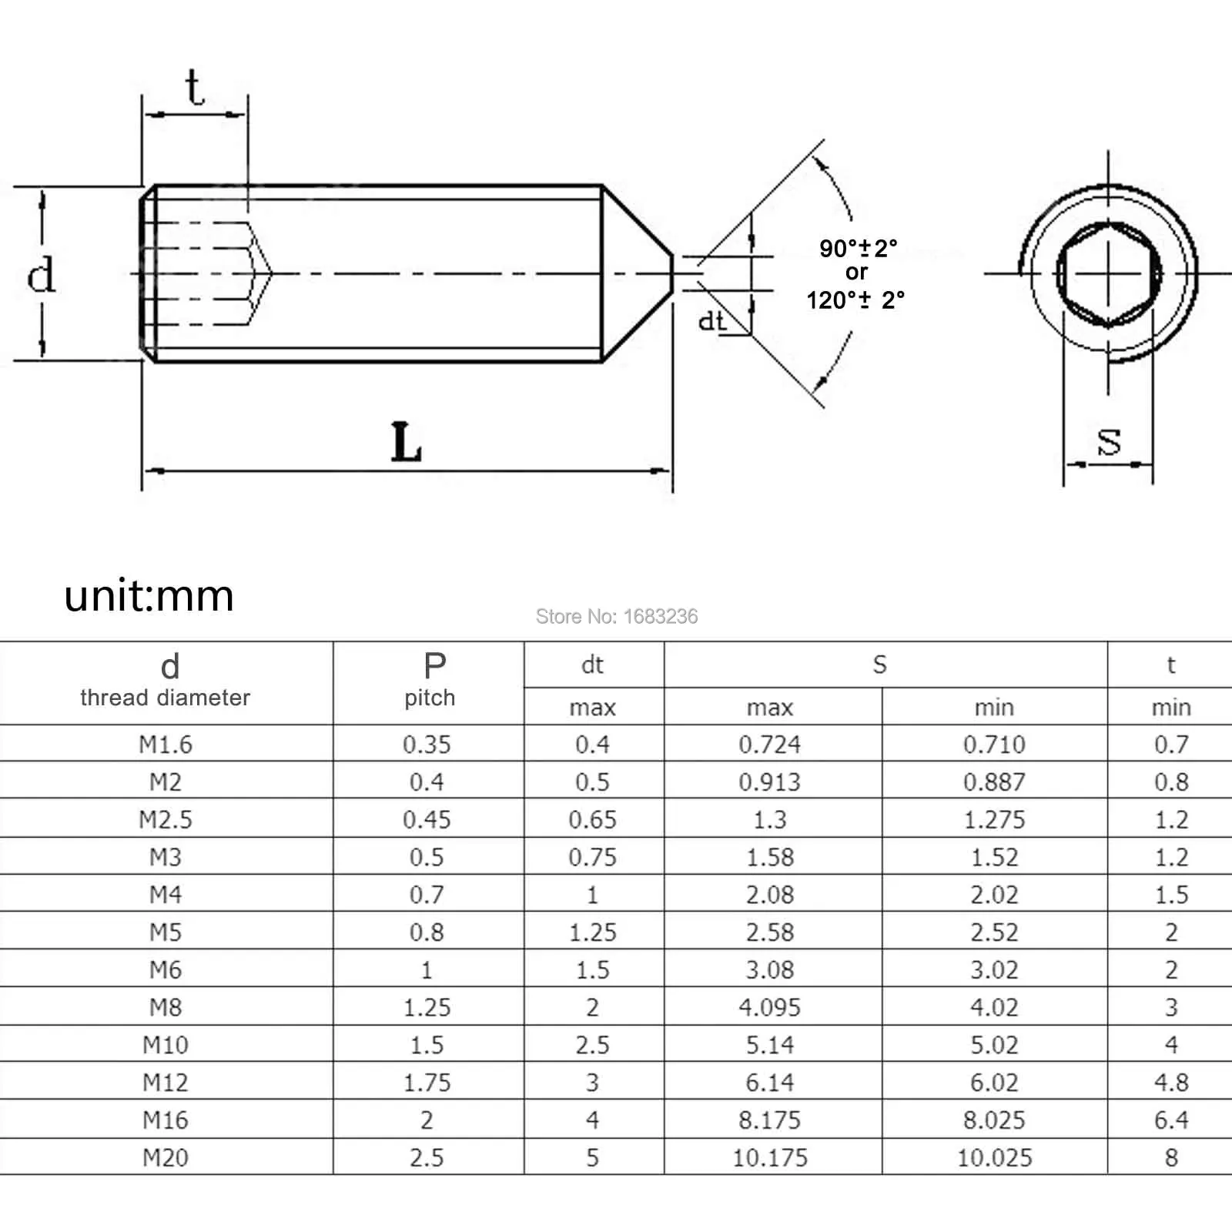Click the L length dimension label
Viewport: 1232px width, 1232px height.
(407, 442)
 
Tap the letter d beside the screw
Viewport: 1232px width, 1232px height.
(41, 274)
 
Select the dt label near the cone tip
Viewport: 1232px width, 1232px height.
(711, 320)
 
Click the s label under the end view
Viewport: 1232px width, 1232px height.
(1109, 441)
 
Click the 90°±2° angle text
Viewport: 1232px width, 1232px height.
(858, 248)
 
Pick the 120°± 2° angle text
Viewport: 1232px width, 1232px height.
(855, 300)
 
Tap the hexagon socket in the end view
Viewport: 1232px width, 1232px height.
(1108, 273)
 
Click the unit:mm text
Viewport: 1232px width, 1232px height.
(149, 596)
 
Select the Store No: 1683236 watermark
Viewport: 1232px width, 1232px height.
(617, 616)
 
